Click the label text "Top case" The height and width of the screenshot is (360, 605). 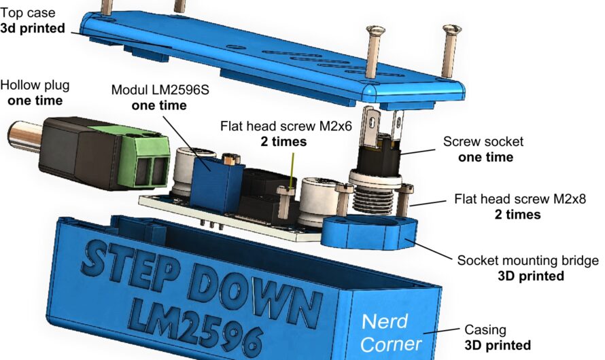pyautogui.click(x=28, y=13)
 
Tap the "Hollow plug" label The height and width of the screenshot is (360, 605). pyautogui.click(x=35, y=86)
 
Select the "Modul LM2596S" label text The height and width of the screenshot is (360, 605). pyautogui.click(x=160, y=90)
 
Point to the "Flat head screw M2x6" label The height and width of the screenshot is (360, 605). pyautogui.click(x=286, y=126)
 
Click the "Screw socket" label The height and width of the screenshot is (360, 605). pyautogui.click(x=483, y=141)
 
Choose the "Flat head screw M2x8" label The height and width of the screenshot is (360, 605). pyautogui.click(x=520, y=199)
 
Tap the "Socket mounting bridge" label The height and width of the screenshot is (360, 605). pyautogui.click(x=528, y=261)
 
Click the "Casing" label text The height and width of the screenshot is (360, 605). pyautogui.click(x=485, y=329)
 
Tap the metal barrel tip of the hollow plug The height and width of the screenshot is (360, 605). pyautogui.click(x=24, y=137)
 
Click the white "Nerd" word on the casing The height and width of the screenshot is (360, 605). pyautogui.click(x=385, y=321)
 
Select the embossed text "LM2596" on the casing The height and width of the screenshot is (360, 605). pyautogui.click(x=196, y=325)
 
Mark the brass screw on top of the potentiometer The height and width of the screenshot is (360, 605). pyautogui.click(x=230, y=158)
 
